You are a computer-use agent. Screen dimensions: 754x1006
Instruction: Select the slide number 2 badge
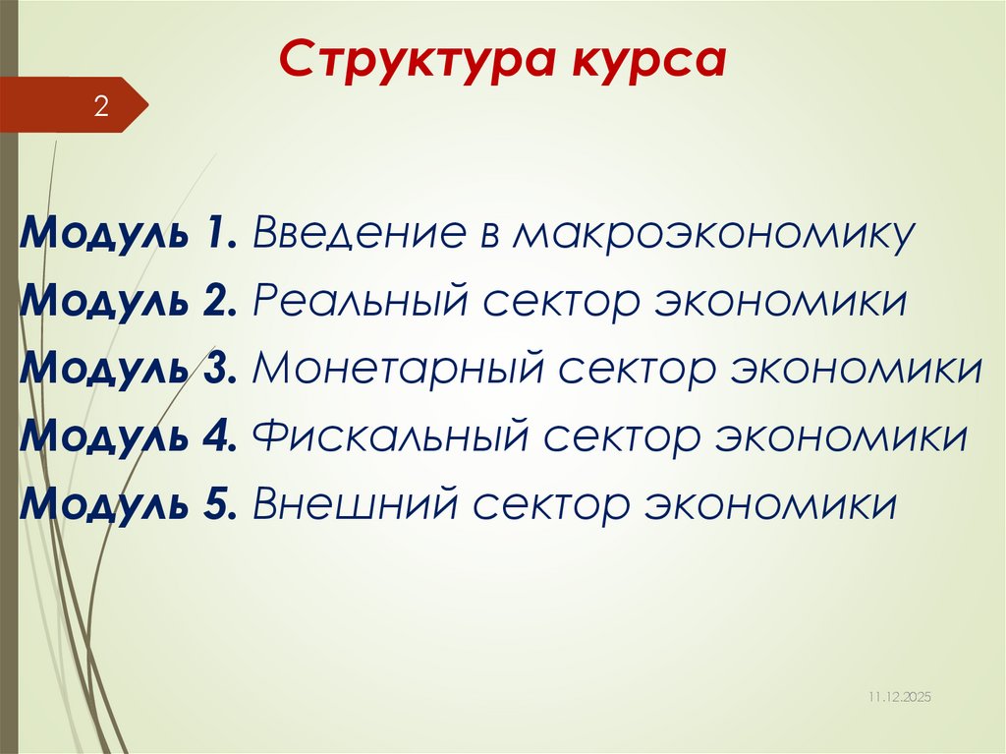point(100,106)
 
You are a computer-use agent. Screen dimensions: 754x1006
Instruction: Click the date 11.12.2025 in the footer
point(898,696)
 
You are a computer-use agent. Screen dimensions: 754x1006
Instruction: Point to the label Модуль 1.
point(127,235)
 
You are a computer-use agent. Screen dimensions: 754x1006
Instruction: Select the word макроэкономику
point(712,235)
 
